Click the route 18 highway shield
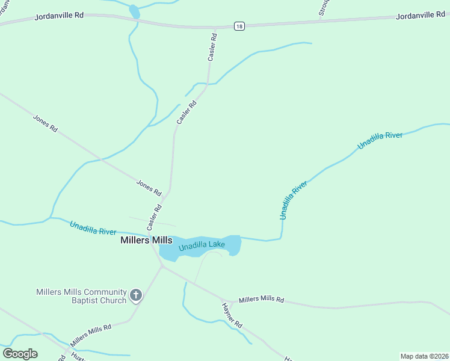[239, 26]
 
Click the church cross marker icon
[137, 295]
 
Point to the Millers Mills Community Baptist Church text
[81, 296]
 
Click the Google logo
[20, 354]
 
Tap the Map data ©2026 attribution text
[424, 356]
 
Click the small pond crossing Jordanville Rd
[135, 12]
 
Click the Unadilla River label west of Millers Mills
[93, 228]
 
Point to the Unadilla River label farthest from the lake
[380, 140]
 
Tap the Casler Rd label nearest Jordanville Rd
[212, 46]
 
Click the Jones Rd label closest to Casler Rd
[149, 188]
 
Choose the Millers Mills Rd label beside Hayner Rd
[261, 300]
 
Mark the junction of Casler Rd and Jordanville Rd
[214, 28]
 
